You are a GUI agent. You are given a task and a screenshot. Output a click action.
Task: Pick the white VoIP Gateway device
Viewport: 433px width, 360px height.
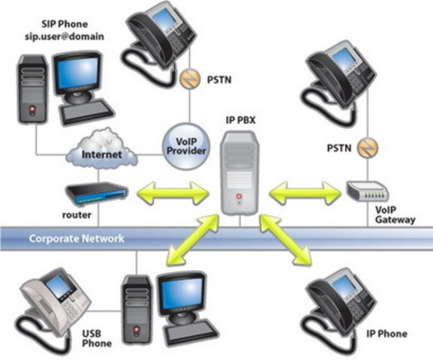(368, 191)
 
